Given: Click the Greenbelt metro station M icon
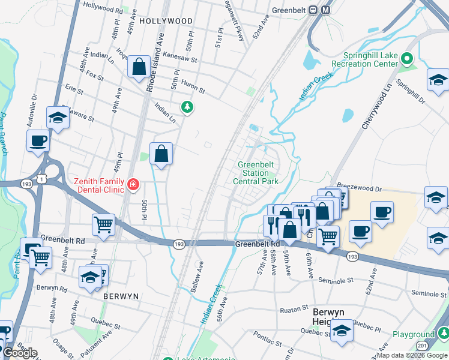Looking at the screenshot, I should pyautogui.click(x=326, y=10).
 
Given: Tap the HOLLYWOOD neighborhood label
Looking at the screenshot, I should pyautogui.click(x=166, y=21).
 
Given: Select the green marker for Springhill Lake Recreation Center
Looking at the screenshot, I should pyautogui.click(x=407, y=59).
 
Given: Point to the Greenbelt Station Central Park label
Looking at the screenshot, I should pyautogui.click(x=256, y=173).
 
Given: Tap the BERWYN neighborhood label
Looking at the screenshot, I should pyautogui.click(x=121, y=296).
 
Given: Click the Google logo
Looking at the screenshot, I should pyautogui.click(x=19, y=353).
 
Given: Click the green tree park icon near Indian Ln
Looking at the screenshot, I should pyautogui.click(x=188, y=107).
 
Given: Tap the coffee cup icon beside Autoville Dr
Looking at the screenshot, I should pyautogui.click(x=38, y=141).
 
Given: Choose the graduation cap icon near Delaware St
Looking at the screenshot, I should pyautogui.click(x=58, y=118).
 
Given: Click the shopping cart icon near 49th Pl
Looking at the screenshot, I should pyautogui.click(x=104, y=225).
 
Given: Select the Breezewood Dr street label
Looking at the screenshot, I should pyautogui.click(x=360, y=188).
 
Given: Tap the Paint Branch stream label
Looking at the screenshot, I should pyautogui.click(x=4, y=134).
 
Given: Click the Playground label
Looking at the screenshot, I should pyautogui.click(x=414, y=334).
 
